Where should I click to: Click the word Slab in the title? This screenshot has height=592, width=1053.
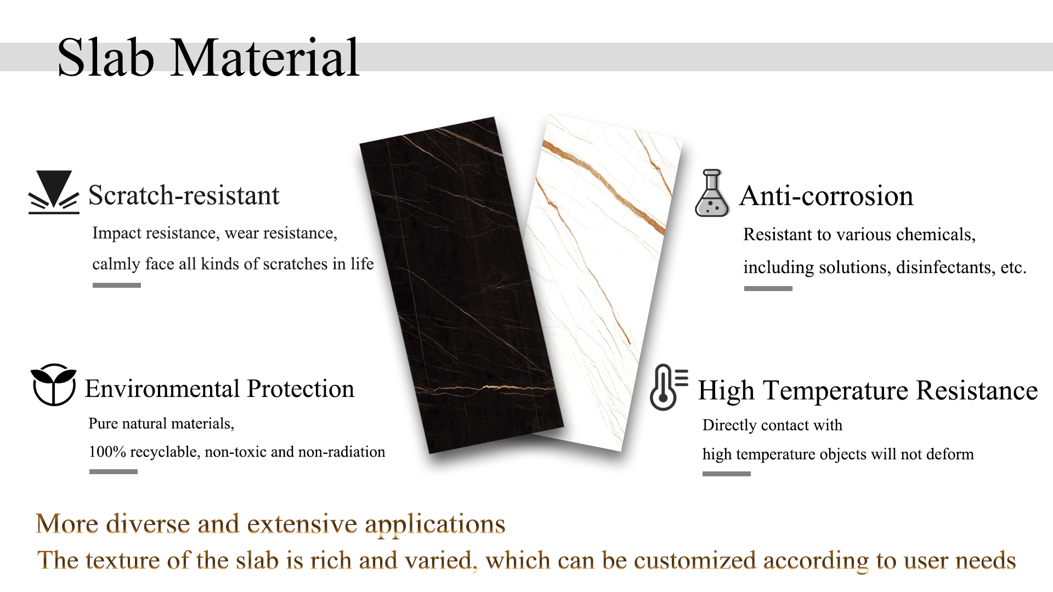(x=106, y=58)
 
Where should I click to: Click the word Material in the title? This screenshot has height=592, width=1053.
(x=265, y=58)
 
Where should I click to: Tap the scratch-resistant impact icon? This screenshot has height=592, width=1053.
(x=54, y=192)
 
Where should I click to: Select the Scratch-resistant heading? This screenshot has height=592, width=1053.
(x=184, y=196)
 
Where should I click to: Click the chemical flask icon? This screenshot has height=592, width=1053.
(x=712, y=193)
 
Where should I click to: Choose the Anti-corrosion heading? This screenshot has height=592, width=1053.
(x=826, y=196)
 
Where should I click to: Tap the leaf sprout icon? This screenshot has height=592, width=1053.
(x=53, y=384)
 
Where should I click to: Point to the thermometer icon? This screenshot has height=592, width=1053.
(x=668, y=387)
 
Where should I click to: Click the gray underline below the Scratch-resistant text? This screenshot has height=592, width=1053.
(x=117, y=285)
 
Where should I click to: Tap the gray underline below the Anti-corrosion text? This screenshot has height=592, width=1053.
(x=768, y=288)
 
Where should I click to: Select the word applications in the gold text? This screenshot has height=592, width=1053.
(x=435, y=525)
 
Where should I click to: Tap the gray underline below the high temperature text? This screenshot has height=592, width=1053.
(x=727, y=474)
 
